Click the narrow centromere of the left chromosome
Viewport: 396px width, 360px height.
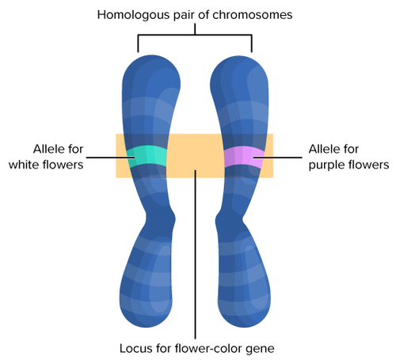[x=162, y=215]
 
